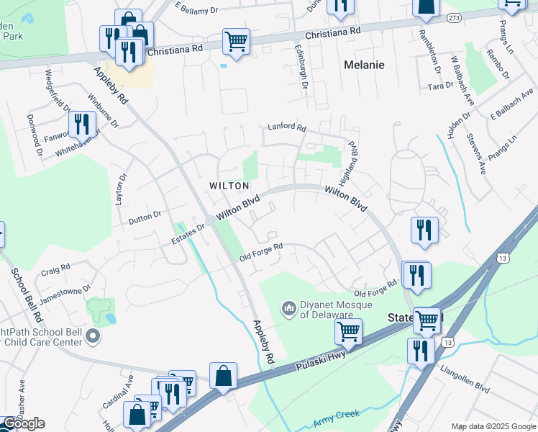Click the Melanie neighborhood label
click(x=364, y=65)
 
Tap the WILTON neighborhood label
click(x=229, y=186)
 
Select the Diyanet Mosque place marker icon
click(x=289, y=309)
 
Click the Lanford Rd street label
click(x=287, y=127)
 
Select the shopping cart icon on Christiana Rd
click(x=235, y=42)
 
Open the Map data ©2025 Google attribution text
click(x=493, y=426)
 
